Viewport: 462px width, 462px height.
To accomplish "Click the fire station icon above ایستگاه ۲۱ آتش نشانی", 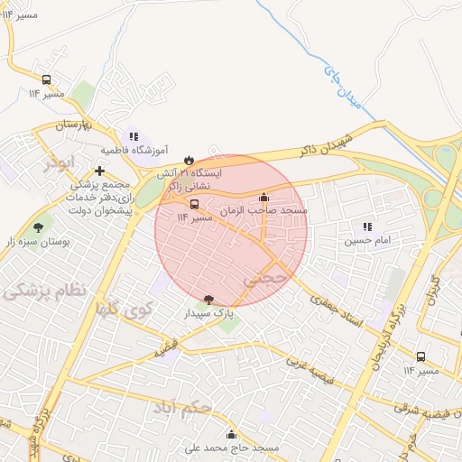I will tap(188, 156).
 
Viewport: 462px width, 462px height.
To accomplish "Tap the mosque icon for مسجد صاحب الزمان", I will tap(263, 198).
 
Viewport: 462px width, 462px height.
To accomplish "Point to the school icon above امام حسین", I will tap(366, 227).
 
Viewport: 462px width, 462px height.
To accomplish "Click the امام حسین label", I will tap(366, 242).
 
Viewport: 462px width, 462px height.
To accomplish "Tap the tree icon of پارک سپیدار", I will tap(209, 300).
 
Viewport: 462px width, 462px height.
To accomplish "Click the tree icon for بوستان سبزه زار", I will tap(38, 227).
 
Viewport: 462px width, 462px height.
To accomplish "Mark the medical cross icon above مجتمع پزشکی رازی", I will tap(99, 171).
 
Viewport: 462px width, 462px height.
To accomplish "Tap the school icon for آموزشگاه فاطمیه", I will tap(134, 136).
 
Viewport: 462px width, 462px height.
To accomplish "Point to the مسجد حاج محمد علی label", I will tap(231, 448).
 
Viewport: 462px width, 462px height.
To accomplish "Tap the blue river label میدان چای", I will tap(343, 89).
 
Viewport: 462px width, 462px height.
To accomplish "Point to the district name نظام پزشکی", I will tap(45, 290).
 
